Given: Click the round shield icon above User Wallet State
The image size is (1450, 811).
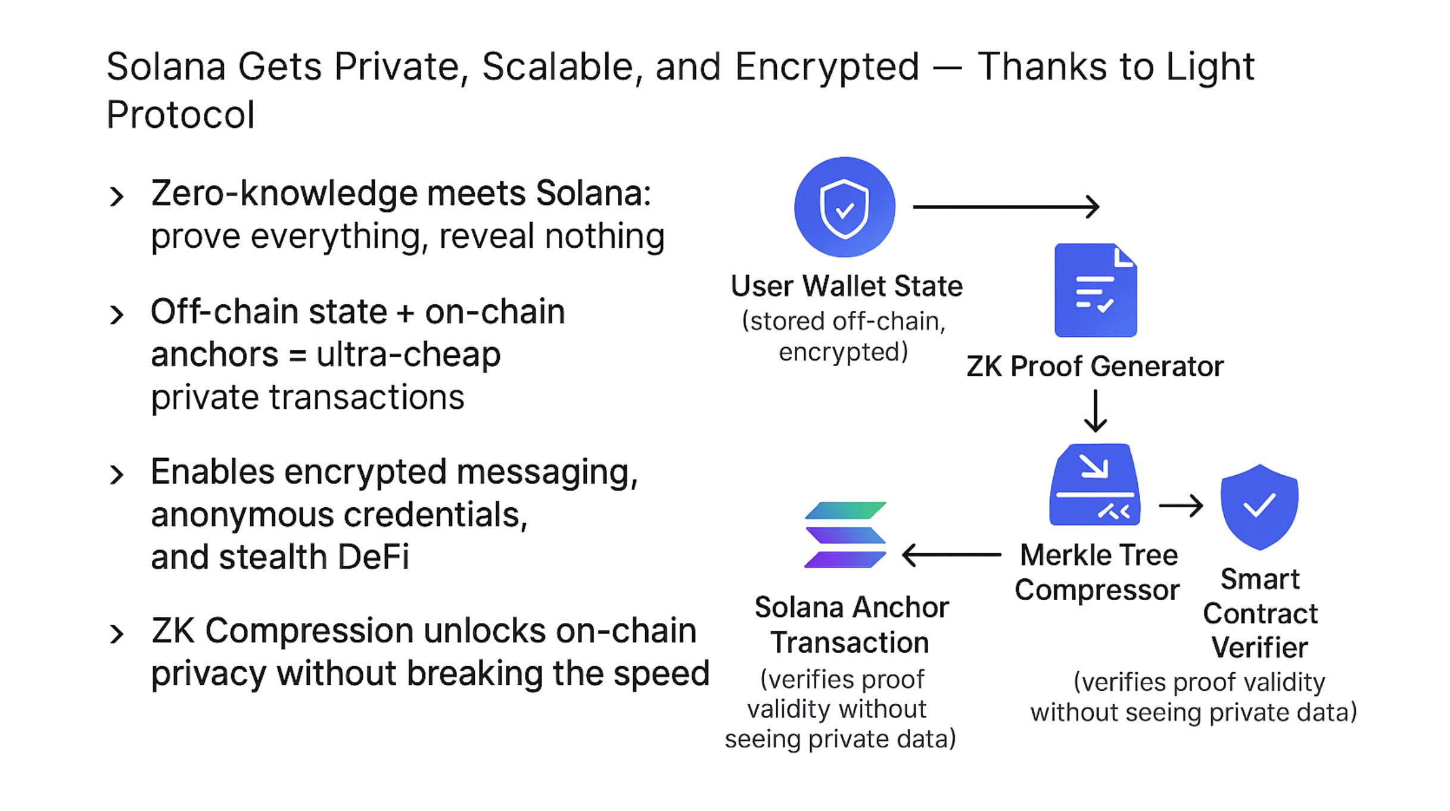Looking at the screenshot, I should click(844, 207).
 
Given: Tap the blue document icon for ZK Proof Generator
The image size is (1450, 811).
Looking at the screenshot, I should click(1095, 291).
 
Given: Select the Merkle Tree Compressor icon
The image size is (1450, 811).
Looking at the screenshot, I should click(1094, 485).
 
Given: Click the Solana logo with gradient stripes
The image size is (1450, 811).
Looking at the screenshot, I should click(845, 535).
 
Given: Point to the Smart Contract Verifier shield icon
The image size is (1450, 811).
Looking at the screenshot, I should click(1259, 507).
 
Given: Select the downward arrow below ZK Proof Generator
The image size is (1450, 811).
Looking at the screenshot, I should click(1095, 411).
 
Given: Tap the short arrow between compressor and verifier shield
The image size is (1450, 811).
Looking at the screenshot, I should click(1180, 506).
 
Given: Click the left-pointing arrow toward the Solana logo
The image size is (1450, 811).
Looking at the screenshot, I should click(951, 555).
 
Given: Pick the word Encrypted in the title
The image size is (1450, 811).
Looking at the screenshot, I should click(827, 67).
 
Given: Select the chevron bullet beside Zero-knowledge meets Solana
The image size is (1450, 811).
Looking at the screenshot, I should click(117, 196).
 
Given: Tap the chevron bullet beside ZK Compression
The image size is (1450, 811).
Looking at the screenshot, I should click(117, 634).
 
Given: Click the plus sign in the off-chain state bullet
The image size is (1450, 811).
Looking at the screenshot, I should click(405, 313).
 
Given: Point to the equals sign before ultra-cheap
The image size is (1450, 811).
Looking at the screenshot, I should click(297, 356).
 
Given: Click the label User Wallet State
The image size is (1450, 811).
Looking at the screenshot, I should click(847, 286).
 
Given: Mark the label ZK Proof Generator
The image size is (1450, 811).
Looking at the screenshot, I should click(1095, 366).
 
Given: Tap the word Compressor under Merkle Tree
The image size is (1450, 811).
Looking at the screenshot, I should click(1097, 590).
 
